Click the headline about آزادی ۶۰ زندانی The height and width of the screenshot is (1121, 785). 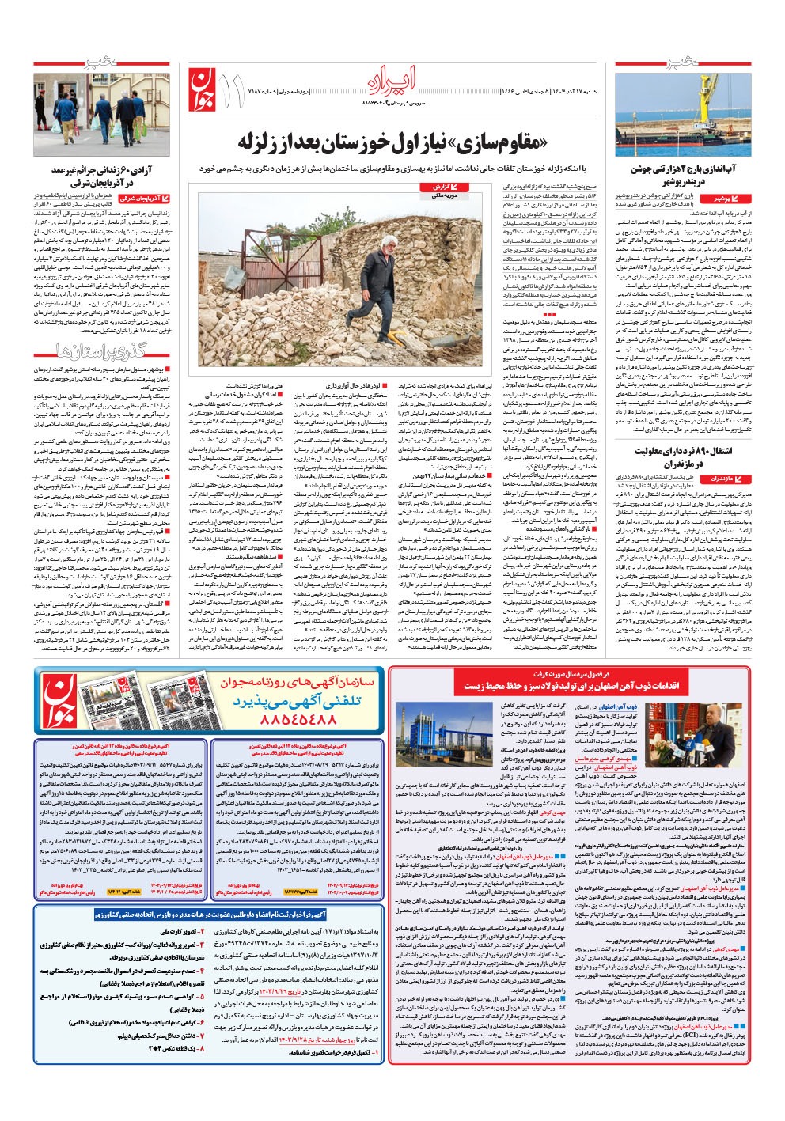pos(96,175)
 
